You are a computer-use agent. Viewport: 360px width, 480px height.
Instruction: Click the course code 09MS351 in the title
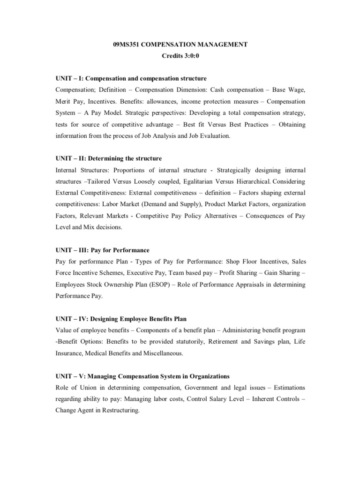coord(127,45)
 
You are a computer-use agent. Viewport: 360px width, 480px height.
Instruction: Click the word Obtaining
coord(289,124)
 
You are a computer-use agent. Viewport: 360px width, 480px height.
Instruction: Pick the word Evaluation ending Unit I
coord(212,136)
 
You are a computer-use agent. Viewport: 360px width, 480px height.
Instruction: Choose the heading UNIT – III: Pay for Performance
coord(102,250)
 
